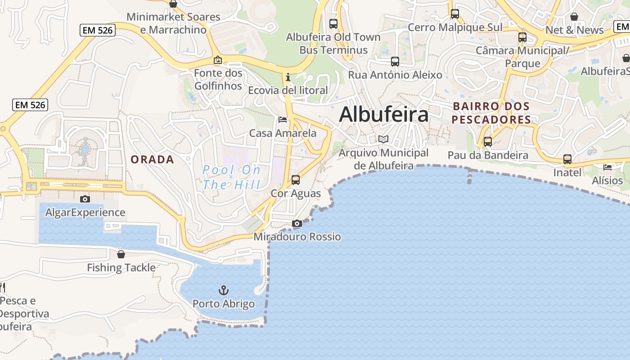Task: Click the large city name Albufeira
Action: [384, 114]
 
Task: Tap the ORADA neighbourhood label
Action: [152, 159]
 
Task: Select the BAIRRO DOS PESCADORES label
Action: [491, 113]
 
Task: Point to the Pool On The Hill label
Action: [231, 177]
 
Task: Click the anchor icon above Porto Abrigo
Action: [224, 290]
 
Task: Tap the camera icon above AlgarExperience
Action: [85, 199]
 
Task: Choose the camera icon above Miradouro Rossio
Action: [297, 223]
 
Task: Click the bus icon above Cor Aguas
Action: [296, 180]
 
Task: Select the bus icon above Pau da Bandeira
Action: [488, 142]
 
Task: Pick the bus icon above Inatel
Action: [567, 159]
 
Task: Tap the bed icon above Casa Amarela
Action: [283, 120]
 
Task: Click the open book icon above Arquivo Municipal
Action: [383, 139]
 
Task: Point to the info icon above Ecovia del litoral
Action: [288, 77]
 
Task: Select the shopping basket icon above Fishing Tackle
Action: [121, 254]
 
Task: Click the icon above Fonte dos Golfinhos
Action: [218, 59]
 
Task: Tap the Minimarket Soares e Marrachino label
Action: [173, 23]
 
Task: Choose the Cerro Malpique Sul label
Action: [455, 27]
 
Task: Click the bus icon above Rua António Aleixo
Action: [395, 61]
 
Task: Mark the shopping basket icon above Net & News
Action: [574, 17]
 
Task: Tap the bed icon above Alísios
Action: [607, 167]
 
